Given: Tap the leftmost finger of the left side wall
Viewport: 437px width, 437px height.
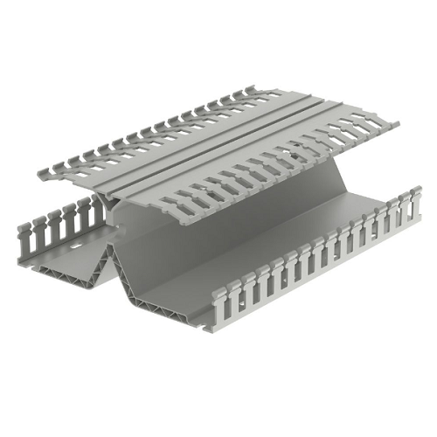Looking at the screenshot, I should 24,235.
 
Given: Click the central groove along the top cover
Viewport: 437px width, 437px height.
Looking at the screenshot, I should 218,149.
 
